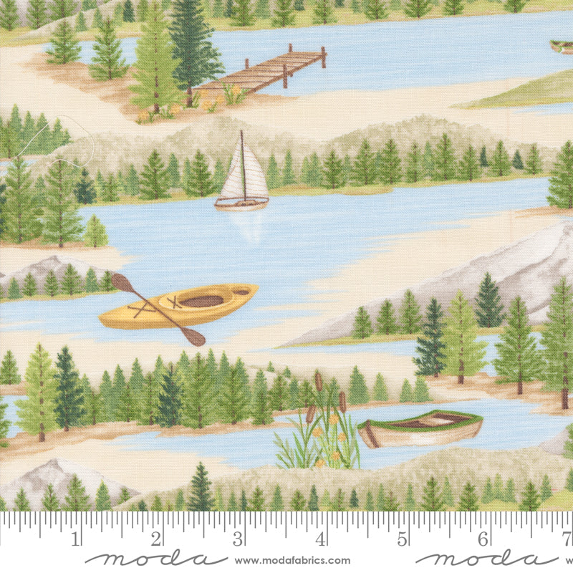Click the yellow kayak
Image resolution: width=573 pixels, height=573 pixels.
click(179, 306)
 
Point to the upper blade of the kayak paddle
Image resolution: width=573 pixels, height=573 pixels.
click(122, 282)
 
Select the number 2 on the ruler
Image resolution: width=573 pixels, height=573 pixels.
click(158, 537)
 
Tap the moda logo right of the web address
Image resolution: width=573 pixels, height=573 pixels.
click(487, 559)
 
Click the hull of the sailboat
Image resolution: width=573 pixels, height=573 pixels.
click(241, 203)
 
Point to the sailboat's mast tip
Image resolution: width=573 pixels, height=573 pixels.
click(241, 132)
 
